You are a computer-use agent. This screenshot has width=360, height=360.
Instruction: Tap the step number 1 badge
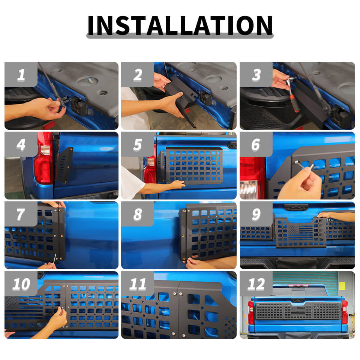coord(21,74)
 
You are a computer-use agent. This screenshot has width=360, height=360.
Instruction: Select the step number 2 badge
coord(138,74)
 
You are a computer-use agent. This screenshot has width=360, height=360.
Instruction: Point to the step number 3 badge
coord(256,74)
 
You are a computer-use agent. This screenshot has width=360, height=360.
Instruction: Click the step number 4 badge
coord(21,144)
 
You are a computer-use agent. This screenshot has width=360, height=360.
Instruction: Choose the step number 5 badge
coord(138,144)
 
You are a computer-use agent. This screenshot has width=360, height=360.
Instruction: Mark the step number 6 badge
coord(256,144)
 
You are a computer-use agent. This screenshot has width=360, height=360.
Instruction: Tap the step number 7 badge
coord(21,214)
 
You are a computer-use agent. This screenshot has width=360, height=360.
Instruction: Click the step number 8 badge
coord(138,214)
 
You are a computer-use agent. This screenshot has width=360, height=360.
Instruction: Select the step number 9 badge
coord(256,214)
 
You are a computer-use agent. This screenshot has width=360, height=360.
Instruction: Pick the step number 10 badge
coord(21,284)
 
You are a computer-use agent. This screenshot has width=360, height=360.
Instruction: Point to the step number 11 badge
coord(138,284)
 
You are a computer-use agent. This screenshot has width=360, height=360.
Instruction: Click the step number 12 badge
coord(256,284)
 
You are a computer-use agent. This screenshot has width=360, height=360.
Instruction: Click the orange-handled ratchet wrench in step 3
coord(292,94)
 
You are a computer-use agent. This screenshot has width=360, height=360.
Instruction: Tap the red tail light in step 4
coord(43,158)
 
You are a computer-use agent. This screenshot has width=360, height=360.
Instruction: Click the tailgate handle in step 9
coord(296,207)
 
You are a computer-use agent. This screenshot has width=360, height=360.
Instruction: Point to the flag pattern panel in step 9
coord(300,232)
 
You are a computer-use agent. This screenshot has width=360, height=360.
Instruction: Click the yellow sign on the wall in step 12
coord(342,286)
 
